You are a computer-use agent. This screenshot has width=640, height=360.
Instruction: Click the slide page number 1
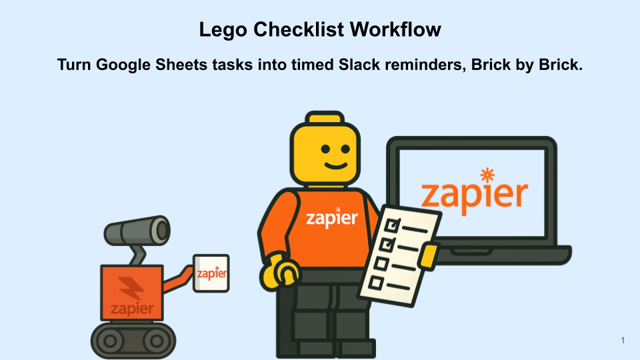pyautogui.click(x=622, y=341)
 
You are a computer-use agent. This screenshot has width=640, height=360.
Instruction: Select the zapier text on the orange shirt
pyautogui.click(x=331, y=217)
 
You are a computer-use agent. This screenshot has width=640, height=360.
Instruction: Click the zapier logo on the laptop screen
pyautogui.click(x=474, y=193)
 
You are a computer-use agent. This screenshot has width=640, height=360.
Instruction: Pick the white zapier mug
pyautogui.click(x=211, y=273)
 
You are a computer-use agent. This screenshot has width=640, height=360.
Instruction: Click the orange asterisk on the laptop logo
pyautogui.click(x=488, y=175)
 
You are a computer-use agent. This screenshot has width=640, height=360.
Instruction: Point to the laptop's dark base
pyautogui.click(x=507, y=253)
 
